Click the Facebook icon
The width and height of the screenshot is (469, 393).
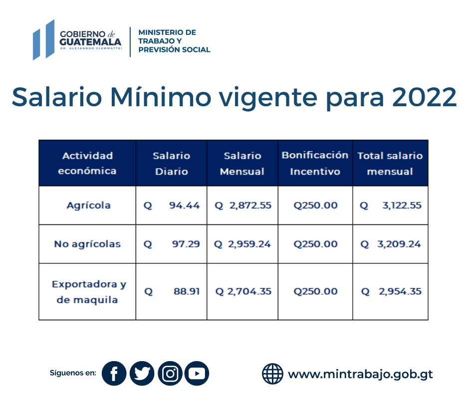point(114,374)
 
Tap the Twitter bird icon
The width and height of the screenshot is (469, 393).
point(142,374)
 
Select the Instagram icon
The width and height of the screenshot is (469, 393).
point(170,374)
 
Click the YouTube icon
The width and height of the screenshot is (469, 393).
point(197,374)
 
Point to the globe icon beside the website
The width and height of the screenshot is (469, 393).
point(272,374)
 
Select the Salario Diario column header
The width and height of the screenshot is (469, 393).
point(171,163)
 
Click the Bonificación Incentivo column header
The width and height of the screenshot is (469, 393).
point(315,163)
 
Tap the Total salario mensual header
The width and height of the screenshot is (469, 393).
point(390,163)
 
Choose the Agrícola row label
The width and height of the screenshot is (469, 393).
point(88,205)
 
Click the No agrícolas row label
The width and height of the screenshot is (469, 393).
point(87,244)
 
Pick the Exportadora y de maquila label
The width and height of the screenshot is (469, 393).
point(88,292)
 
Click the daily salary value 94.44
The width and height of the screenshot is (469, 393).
point(184,205)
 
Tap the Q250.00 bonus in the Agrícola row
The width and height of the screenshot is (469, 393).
point(315,205)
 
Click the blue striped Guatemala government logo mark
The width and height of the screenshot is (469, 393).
point(43,39)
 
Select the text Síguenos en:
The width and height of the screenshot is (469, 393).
point(73,373)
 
